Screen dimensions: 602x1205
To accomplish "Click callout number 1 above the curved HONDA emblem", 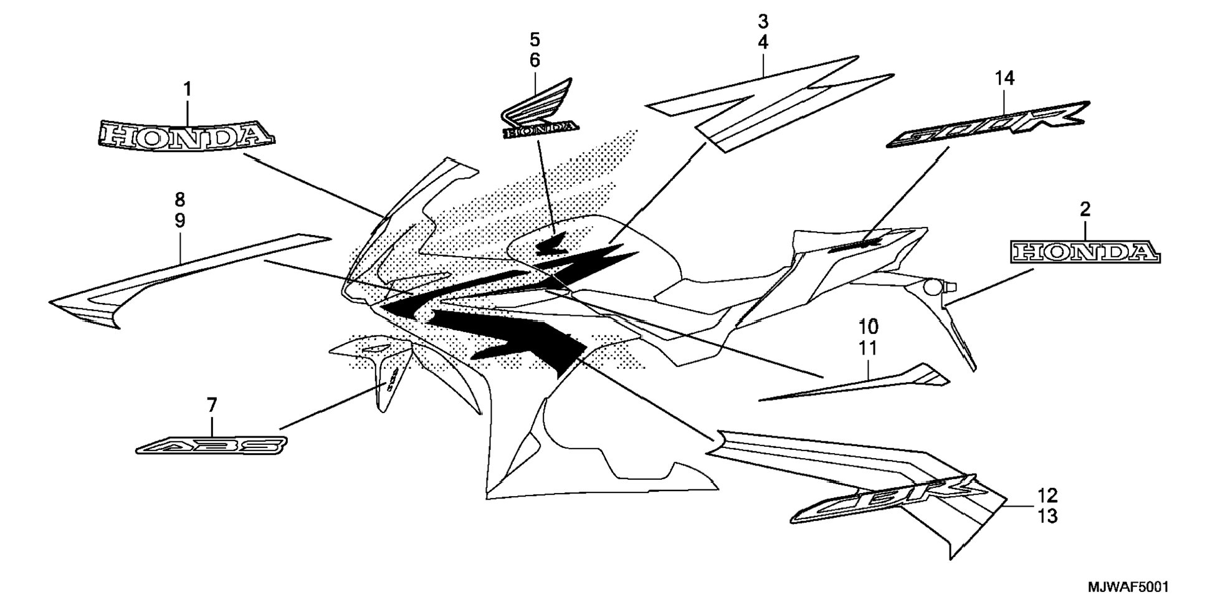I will (x=187, y=90).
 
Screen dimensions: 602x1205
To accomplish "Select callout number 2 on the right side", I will (x=1085, y=209).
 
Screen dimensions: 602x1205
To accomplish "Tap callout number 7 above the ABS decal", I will (x=212, y=406).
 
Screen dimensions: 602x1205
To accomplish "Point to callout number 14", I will (x=1004, y=79).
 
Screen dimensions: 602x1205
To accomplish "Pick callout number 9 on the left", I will (x=179, y=221).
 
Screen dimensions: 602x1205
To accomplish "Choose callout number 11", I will (x=868, y=348).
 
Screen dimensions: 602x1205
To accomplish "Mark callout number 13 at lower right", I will (x=1048, y=516).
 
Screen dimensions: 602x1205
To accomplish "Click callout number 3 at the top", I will (x=763, y=22).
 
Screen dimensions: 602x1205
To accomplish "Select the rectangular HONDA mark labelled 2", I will (x=1085, y=253).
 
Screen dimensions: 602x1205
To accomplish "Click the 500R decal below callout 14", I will (x=989, y=124).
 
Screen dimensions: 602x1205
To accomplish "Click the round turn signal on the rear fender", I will (x=933, y=287).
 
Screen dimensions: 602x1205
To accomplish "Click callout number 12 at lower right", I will (x=1048, y=496).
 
